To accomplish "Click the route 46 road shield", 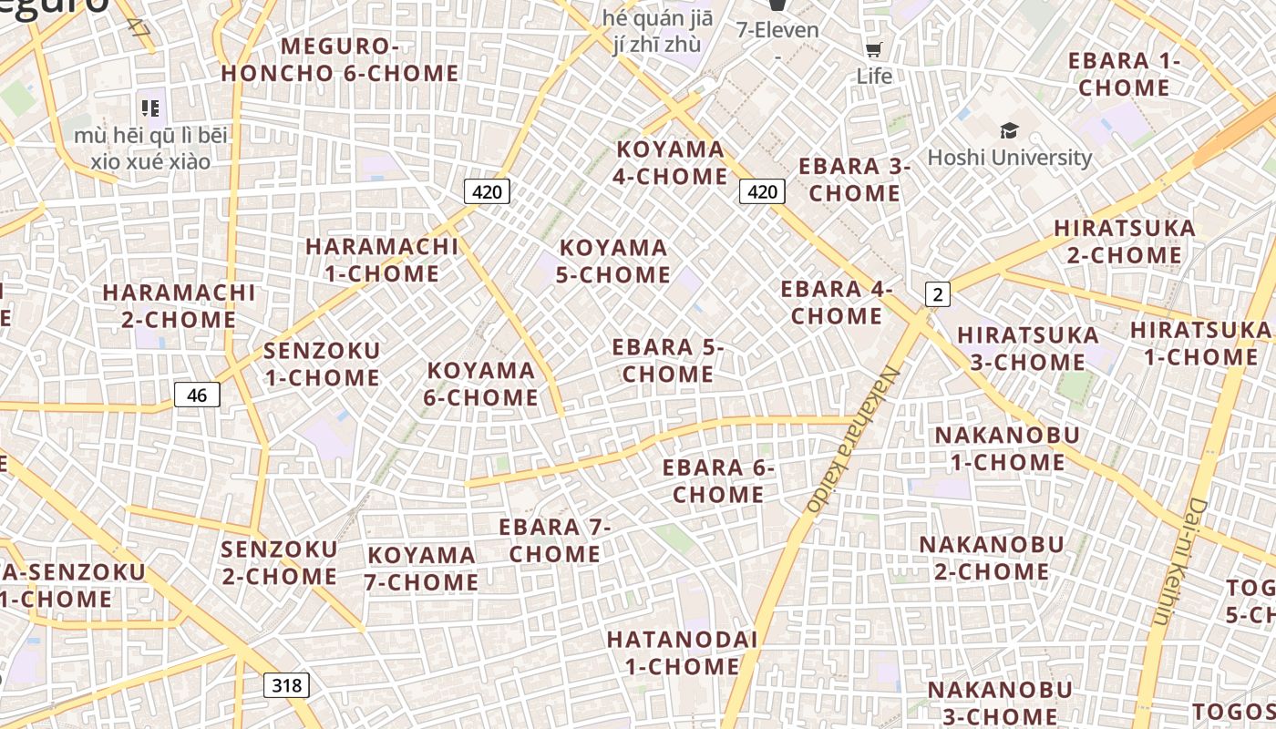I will [197, 395].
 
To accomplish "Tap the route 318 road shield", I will [286, 685].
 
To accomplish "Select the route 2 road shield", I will [937, 293].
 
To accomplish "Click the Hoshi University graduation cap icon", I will [1009, 130].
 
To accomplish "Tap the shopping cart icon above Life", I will [873, 49].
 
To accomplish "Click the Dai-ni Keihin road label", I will [1181, 561].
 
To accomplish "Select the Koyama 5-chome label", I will [613, 261].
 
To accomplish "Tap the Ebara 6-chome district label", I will [718, 481].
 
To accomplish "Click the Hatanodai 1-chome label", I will [682, 652].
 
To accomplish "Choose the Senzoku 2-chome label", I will [279, 562].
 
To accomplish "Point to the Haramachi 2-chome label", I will [179, 306].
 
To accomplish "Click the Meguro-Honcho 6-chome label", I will [340, 59].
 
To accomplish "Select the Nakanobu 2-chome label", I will [991, 558].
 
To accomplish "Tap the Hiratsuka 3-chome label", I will [1027, 348].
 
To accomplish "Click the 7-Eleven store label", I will [777, 30].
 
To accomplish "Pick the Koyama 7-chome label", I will [422, 568].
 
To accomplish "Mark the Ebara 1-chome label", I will [1124, 74].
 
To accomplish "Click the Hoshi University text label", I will [1009, 158].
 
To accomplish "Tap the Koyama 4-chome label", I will [670, 162].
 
